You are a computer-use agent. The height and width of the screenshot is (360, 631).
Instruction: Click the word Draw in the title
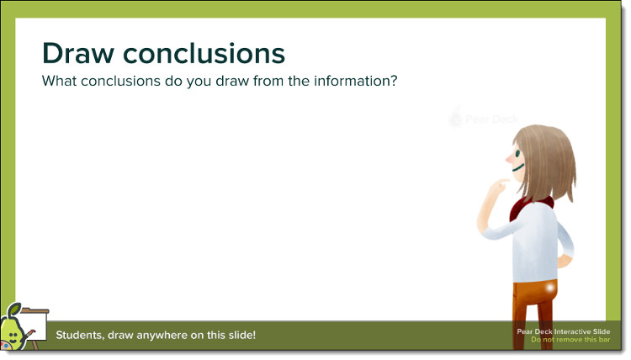[x=78, y=54]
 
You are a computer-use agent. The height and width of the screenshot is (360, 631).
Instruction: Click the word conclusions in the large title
[x=204, y=54]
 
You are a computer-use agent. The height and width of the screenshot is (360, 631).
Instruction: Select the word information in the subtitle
[x=352, y=81]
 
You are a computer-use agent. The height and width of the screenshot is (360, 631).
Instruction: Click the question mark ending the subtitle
[x=394, y=81]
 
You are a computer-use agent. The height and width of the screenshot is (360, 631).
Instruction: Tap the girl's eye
[x=517, y=153]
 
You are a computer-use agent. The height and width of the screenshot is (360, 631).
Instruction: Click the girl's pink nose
[x=509, y=159]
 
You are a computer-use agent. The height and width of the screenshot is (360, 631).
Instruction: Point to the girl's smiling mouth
[x=518, y=167]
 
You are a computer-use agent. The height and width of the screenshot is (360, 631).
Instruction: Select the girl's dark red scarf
[x=529, y=207]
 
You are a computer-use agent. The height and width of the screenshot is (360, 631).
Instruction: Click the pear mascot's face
[x=13, y=335]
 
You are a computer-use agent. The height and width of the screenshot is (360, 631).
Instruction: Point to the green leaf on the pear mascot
[x=14, y=310]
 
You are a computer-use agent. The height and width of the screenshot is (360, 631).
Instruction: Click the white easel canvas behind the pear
[x=34, y=326]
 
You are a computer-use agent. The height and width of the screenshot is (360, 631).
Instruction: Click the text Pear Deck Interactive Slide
[x=564, y=331]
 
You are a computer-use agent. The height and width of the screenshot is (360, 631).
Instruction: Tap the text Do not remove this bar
[x=570, y=340]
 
